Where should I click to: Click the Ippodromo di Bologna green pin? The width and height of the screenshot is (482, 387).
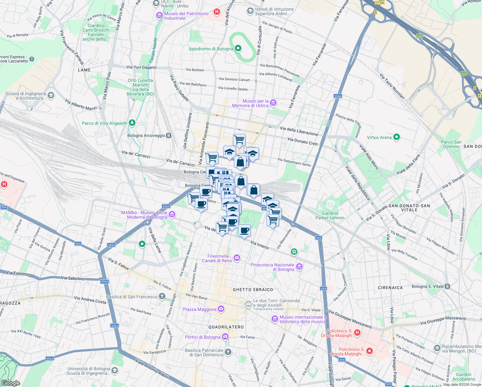pos(238,48)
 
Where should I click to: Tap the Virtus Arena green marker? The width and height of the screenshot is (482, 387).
pos(397,137)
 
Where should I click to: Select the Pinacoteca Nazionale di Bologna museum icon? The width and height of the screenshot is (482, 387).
pos(299,267)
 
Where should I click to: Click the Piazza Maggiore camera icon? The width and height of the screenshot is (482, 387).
pos(221,309)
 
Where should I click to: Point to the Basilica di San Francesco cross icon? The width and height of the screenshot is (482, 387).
pos(162,296)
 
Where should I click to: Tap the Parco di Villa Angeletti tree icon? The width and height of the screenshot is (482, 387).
pos(132,123)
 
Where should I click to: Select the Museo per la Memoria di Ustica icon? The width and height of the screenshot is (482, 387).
pos(273,103)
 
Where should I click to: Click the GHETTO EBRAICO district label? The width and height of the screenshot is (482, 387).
pos(253,290)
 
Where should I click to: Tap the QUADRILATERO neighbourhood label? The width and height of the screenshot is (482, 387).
pos(226,327)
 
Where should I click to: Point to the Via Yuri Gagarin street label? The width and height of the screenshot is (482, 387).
pos(141,67)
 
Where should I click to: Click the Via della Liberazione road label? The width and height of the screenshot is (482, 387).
pos(299,131)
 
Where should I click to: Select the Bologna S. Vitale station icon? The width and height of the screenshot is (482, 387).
pos(447,286)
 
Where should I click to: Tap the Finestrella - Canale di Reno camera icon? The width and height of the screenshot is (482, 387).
pos(237,257)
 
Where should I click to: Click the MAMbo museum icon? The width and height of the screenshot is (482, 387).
pos(172,214)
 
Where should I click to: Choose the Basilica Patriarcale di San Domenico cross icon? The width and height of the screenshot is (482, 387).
pos(228,352)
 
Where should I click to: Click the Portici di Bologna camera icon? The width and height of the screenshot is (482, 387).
pos(225,337)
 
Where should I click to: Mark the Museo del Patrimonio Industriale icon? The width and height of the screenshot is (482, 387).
pos(159,15)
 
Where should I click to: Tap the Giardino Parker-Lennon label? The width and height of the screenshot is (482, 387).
pos(330,215)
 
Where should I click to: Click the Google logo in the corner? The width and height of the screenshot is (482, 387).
pos(11,383)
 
